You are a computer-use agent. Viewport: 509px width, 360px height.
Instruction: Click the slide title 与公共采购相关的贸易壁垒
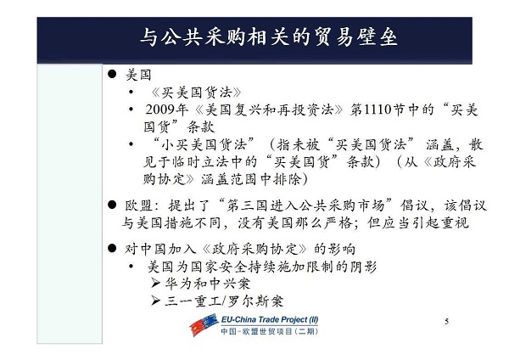pos(269,37)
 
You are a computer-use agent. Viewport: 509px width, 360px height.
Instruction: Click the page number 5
pos(447,321)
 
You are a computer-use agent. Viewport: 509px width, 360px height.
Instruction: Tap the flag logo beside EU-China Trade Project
pos(204,325)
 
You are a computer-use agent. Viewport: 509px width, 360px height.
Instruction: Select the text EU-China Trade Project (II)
pos(270,320)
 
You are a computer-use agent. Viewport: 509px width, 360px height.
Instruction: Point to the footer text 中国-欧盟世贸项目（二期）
pos(270,331)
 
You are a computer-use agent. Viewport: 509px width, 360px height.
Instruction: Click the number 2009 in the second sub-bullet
pos(159,110)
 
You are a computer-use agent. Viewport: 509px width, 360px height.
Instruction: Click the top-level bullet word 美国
pos(138,75)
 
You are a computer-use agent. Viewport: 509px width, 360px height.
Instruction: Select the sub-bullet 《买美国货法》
pos(196,93)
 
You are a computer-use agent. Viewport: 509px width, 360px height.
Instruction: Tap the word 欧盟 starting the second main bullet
pos(138,205)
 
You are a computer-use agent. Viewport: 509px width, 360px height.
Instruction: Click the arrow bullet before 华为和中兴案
pos(155,284)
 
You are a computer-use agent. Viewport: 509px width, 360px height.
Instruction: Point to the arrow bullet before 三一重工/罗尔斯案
pos(155,301)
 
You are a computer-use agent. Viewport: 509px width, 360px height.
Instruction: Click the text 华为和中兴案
pos(208,284)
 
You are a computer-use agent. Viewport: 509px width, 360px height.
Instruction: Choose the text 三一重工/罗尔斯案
pos(224,301)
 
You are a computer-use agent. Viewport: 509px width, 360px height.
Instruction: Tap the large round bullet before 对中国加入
pos(112,249)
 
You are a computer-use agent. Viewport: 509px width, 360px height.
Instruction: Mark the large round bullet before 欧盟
pos(112,205)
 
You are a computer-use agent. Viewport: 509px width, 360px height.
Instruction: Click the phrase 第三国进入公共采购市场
pos(305,205)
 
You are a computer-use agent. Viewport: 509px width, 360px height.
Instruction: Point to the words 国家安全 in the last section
pos(204,267)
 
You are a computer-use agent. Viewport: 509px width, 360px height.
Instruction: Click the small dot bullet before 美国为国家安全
pos(131,267)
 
